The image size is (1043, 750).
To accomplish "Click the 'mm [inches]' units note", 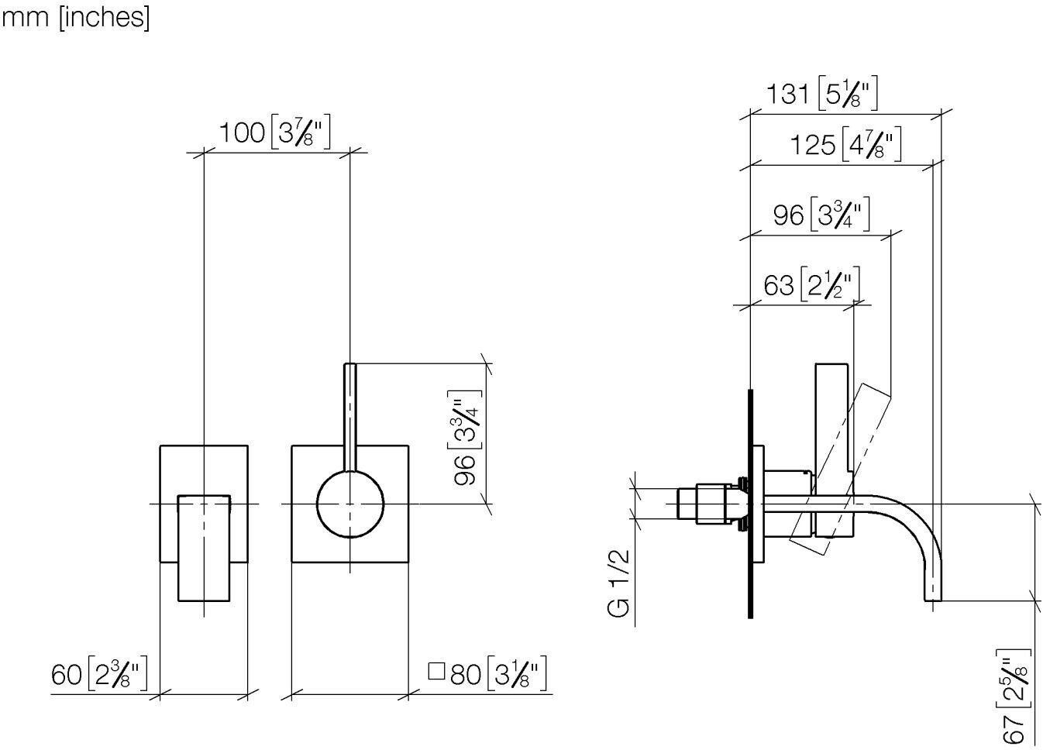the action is (75, 18).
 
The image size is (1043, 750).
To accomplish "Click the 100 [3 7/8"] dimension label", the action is (275, 132).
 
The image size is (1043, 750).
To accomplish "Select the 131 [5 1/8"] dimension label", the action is (822, 93).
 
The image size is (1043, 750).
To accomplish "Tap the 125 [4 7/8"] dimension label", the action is (846, 144).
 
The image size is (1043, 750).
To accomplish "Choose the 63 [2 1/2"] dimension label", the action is (811, 284).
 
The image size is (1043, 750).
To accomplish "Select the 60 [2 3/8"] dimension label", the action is (99, 673).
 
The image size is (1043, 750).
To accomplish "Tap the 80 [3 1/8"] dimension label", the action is (498, 673).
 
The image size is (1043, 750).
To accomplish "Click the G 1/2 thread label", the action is (619, 583).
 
